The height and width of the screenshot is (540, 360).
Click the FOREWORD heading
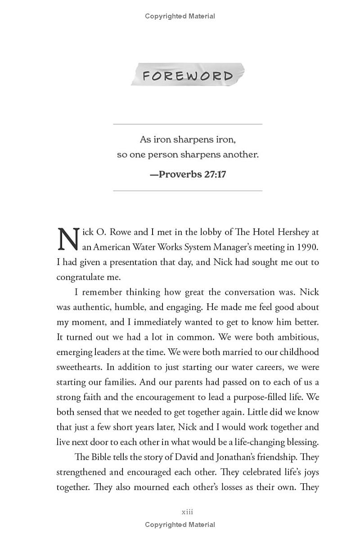point(188,76)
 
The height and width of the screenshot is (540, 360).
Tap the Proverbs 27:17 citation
point(188,174)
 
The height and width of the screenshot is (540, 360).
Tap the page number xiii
point(187,512)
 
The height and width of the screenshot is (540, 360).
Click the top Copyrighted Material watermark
point(180,16)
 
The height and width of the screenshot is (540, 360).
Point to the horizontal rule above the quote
point(188,124)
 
